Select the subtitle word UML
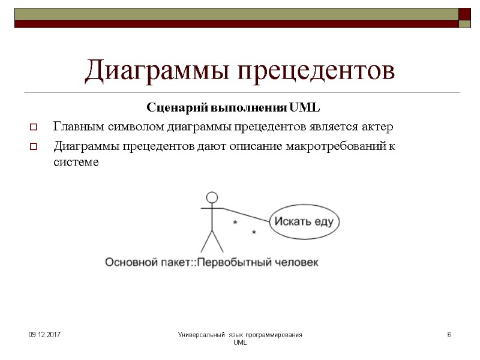pos(305,109)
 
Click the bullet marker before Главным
pos(34,128)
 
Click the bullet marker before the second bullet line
pos(34,146)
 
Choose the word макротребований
pos(335,146)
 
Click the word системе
pos(74,162)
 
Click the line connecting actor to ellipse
pos(246,214)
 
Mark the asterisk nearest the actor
pos(235,223)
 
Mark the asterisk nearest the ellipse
pos(254,232)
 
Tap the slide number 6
pos(449,334)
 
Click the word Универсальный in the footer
pos(202,334)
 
